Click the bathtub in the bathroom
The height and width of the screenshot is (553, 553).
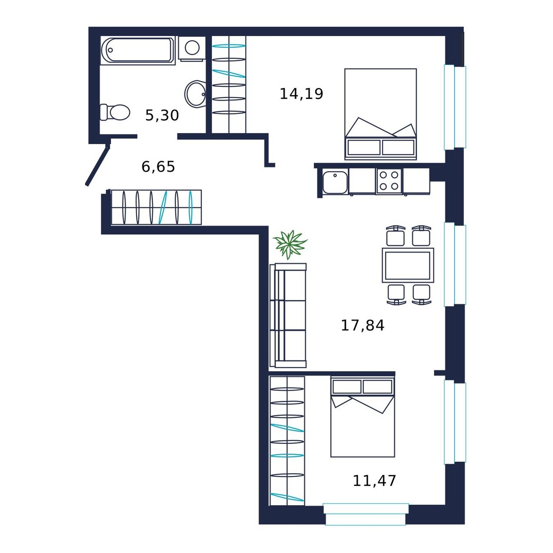[x=138, y=50]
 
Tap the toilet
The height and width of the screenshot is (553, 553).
[x=114, y=112]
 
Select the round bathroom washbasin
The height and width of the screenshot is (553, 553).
[x=195, y=93]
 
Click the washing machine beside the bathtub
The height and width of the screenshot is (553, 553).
[x=192, y=49]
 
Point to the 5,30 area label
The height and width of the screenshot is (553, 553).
[x=162, y=116]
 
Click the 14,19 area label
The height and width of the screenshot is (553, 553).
[x=301, y=94]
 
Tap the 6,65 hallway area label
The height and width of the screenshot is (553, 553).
[x=158, y=167]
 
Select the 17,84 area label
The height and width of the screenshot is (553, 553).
[x=362, y=326]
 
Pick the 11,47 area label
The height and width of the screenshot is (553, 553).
[x=374, y=481]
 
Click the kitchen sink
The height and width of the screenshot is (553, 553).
[x=335, y=181]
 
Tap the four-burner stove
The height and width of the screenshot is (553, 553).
[x=389, y=181]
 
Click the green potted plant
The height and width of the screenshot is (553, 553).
[x=290, y=245]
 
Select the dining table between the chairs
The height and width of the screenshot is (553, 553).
[x=408, y=265]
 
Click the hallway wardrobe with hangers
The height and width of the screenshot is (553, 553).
[x=156, y=207]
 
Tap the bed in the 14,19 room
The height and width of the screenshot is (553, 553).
[x=380, y=114]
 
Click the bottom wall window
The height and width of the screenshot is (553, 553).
[x=366, y=514]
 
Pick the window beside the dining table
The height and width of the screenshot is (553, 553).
[x=455, y=265]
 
